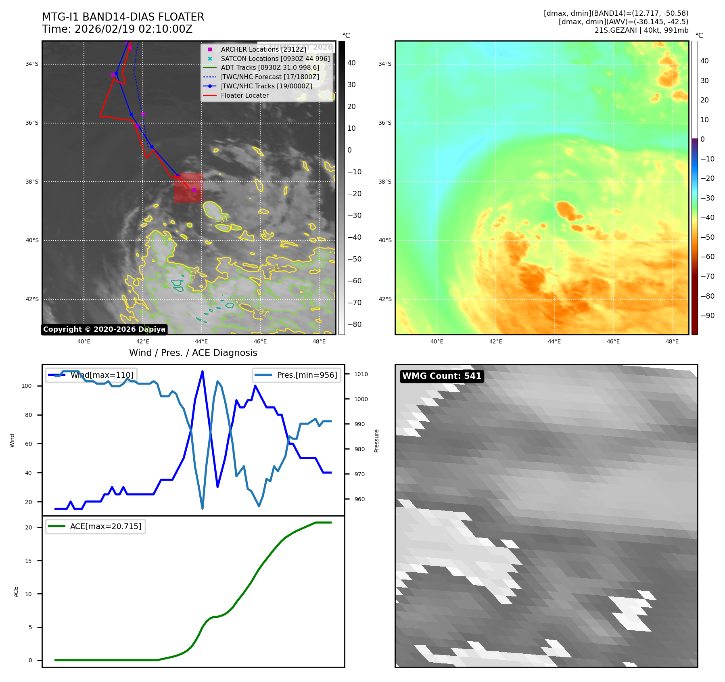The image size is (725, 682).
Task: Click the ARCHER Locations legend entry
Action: coord(263,49)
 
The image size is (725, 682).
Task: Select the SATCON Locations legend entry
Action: coord(275,59)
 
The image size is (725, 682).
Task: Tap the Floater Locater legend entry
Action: coord(244,96)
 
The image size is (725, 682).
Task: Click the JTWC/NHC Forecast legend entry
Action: coord(270,77)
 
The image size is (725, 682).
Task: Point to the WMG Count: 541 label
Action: coord(442,376)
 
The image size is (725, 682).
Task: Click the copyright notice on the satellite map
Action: coord(104,329)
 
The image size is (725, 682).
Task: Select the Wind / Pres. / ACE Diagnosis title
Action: coord(193,353)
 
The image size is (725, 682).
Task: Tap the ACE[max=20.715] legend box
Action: coord(96,527)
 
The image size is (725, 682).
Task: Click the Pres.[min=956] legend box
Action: coord(297,375)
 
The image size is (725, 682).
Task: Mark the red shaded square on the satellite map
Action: coord(188,188)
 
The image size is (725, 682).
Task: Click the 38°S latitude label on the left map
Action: coord(32,182)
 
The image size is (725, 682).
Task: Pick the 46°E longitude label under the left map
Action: coord(260,342)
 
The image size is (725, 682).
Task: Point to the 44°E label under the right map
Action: coord(554,342)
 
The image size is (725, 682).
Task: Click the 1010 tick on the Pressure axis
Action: coord(361,374)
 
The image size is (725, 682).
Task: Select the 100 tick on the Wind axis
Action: coord(26,386)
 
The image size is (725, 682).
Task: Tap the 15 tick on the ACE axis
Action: coord(28,561)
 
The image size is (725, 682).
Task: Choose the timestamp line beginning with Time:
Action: coord(117,29)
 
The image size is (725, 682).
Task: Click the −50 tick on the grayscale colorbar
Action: coord(355,259)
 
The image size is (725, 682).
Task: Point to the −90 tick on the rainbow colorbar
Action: coord(707,316)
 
